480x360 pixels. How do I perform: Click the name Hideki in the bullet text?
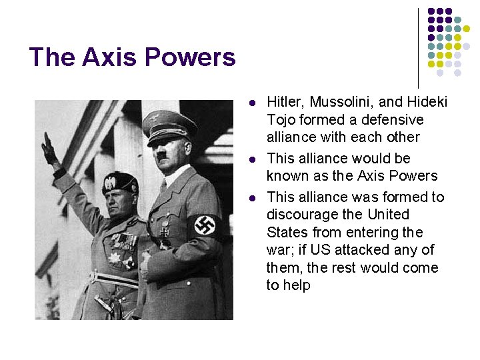point(424,102)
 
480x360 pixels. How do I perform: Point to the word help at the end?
point(297,285)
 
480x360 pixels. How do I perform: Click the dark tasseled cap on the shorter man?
point(120,181)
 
